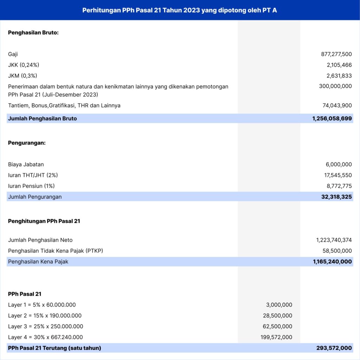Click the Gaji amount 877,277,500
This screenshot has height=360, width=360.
point(336,54)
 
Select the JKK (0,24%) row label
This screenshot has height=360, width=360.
point(24,65)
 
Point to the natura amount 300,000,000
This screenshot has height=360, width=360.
point(335,86)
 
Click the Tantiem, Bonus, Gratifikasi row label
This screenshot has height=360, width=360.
point(64,105)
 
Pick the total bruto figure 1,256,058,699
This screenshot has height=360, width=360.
point(332,118)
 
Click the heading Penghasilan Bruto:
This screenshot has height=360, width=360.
point(33,33)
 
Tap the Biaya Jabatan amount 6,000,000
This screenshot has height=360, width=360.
point(339,164)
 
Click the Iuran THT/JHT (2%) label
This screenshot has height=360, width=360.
point(33,175)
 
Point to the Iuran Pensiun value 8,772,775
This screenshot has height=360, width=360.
point(339,186)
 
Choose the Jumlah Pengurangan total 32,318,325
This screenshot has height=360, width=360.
point(336,197)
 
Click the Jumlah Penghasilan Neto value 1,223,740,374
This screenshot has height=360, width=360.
point(334,240)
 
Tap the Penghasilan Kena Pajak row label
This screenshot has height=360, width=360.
point(38,262)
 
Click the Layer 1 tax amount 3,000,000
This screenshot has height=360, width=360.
point(279,305)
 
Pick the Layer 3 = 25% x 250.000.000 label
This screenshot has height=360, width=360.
point(45,326)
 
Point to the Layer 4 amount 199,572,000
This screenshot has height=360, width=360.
point(277,337)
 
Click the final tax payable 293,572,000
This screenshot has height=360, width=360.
point(334,348)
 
